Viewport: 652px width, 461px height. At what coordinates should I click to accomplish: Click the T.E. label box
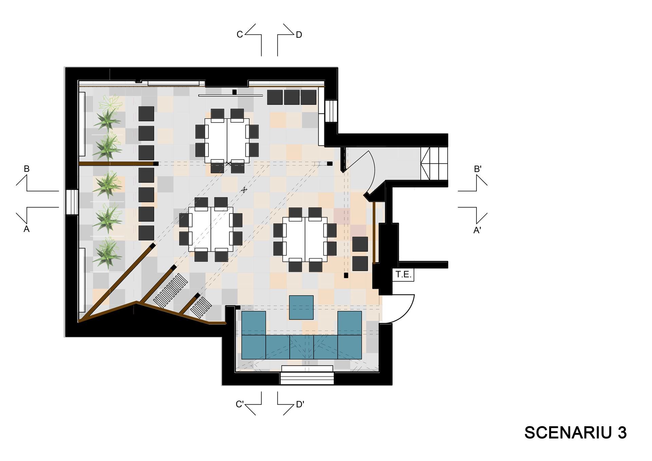[404, 274]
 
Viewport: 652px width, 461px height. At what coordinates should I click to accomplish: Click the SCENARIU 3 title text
[576, 432]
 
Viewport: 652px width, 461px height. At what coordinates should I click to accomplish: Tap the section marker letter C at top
[240, 35]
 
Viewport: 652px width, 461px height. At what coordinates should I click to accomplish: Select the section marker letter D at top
[299, 35]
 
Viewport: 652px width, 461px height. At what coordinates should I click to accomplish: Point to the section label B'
[478, 169]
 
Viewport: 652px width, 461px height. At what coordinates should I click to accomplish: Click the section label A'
[477, 230]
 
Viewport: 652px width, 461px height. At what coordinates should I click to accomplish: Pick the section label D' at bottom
[300, 404]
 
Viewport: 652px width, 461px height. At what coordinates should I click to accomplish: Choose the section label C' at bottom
[240, 404]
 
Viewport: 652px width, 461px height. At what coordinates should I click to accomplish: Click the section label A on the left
[26, 229]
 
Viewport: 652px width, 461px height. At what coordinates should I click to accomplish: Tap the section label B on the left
[26, 169]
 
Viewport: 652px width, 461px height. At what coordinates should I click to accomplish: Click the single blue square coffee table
[301, 307]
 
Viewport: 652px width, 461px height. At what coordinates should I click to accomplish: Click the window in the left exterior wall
[72, 202]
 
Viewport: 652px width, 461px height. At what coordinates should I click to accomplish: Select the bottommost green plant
[108, 253]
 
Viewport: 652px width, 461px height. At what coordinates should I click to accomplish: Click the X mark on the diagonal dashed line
[243, 190]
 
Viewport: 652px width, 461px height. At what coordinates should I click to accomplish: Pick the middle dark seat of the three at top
[292, 97]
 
